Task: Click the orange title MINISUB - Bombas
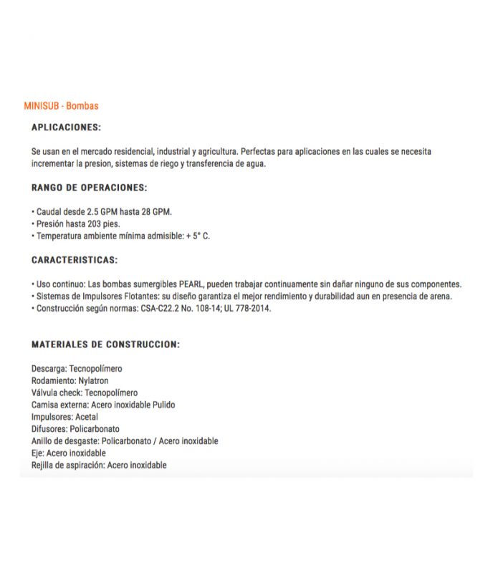pyautogui.click(x=61, y=106)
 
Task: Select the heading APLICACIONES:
pyautogui.click(x=66, y=127)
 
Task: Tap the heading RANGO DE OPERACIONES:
pyautogui.click(x=89, y=188)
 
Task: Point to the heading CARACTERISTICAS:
pyautogui.click(x=75, y=259)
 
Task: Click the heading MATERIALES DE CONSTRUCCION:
pyautogui.click(x=105, y=344)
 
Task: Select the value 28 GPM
pyautogui.click(x=158, y=212)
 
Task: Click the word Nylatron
pyautogui.click(x=94, y=380)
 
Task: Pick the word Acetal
pyautogui.click(x=85, y=416)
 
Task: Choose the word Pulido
pyautogui.click(x=162, y=405)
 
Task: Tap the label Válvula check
pyautogui.click(x=56, y=393)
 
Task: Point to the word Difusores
pyautogui.click(x=49, y=428)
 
